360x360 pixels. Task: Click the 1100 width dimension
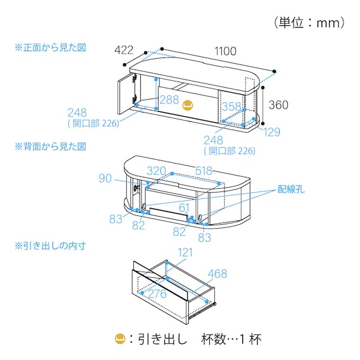225,51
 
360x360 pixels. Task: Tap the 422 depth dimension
124,50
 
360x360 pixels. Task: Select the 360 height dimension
279,105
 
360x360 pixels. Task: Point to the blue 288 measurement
169,100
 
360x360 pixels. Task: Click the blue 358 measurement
231,107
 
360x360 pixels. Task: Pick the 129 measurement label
272,132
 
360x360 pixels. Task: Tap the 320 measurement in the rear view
157,171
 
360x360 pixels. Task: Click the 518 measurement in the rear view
203,171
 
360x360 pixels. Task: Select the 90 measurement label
105,178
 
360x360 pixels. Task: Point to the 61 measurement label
184,208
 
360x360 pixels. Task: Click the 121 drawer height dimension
185,253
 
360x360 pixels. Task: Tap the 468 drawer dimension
217,273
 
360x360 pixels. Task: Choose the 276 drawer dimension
157,294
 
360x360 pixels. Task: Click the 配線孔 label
291,189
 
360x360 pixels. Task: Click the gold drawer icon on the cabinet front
188,105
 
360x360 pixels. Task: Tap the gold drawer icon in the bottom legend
120,339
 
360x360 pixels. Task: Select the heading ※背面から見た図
51,147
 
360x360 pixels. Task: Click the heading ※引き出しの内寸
51,246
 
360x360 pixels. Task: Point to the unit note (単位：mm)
309,23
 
